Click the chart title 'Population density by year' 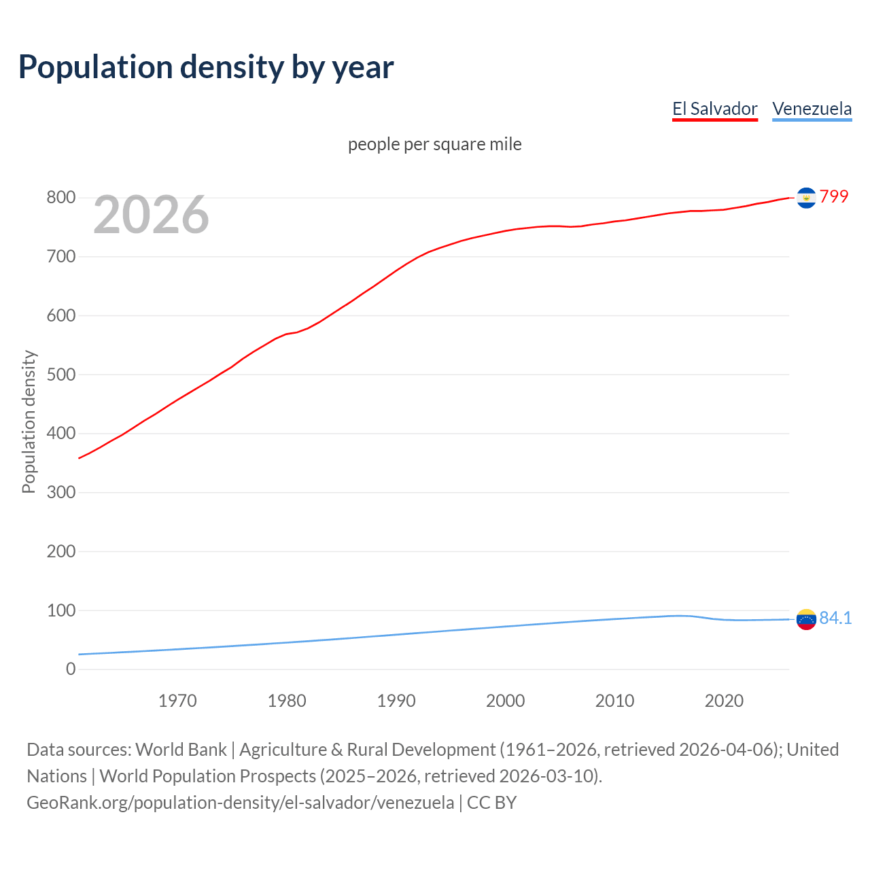(x=206, y=67)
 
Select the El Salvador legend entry (x=714, y=109)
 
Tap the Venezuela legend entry (x=812, y=109)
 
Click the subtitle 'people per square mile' (x=434, y=144)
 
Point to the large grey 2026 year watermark (x=151, y=215)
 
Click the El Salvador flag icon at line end (x=806, y=198)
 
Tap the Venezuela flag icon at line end (x=806, y=619)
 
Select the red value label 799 (x=834, y=196)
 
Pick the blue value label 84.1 (x=835, y=618)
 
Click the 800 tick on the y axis (x=60, y=198)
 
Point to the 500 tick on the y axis (x=60, y=375)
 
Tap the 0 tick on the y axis (x=71, y=669)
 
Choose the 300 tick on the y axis (x=60, y=492)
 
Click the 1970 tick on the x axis (x=177, y=701)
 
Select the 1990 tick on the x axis (x=396, y=701)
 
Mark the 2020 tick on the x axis (x=724, y=701)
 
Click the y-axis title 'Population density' (x=29, y=421)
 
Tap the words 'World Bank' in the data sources (x=181, y=750)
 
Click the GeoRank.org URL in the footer (x=240, y=803)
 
